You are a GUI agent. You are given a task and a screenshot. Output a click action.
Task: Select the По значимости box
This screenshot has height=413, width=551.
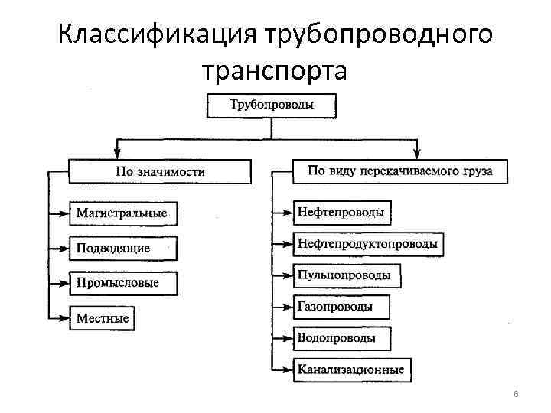pos(160,171)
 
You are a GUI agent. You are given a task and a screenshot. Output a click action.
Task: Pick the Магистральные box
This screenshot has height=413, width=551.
pos(122,213)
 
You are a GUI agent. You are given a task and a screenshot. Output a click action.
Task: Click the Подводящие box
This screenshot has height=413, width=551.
pos(122,249)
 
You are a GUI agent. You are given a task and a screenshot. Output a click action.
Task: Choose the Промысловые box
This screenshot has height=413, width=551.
pos(122,283)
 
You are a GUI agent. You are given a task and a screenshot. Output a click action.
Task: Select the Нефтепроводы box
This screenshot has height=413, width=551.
pos(341,213)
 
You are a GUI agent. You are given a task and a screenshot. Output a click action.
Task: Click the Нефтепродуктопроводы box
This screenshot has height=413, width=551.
pos(367,244)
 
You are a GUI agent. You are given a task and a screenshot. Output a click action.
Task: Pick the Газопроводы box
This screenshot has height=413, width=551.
pos(341,307)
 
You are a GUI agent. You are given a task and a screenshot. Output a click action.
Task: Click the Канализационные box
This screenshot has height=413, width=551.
pos(351,369)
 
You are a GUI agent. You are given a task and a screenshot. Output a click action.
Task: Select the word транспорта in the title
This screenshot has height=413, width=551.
pos(275,70)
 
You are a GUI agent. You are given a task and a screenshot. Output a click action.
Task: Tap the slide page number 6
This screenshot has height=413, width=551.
pos(516,394)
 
